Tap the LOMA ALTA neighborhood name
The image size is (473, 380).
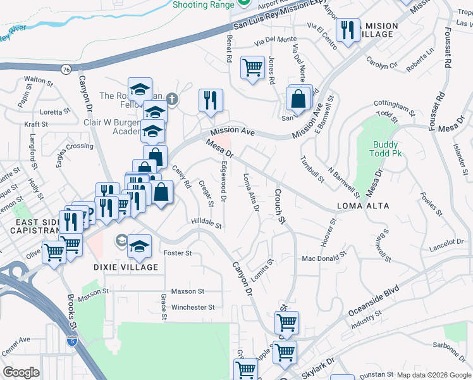(363, 206)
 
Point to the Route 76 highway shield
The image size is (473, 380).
(66, 68)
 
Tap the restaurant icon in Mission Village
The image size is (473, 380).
(348, 30)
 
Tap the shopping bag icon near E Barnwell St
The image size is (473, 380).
(297, 99)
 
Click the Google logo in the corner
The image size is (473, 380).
(21, 372)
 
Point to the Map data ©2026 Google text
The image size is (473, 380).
(433, 374)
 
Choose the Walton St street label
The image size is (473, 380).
(37, 80)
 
